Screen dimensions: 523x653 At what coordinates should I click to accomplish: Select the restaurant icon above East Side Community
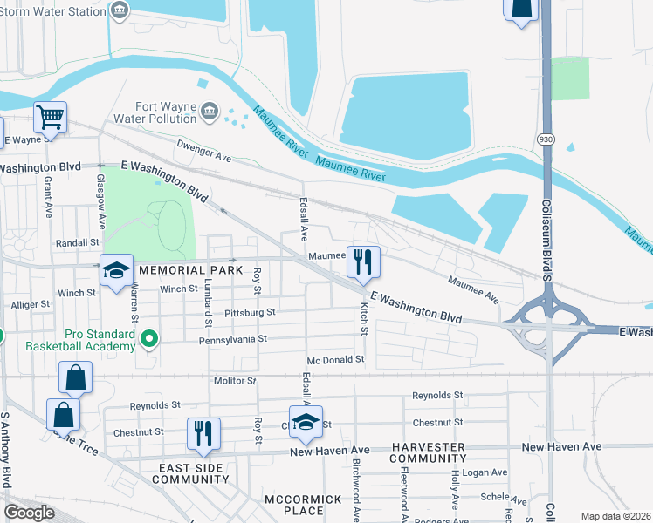click(x=203, y=433)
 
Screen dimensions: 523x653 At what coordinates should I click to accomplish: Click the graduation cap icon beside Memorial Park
click(x=115, y=270)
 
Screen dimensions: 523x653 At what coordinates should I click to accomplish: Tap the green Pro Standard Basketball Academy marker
click(x=149, y=338)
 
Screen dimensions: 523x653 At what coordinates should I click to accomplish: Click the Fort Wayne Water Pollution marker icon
click(x=210, y=111)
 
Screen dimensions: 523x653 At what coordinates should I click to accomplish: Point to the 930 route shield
click(x=546, y=139)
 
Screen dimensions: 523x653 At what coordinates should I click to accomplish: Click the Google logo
click(x=29, y=513)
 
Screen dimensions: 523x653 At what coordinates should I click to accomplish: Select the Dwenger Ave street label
click(x=203, y=152)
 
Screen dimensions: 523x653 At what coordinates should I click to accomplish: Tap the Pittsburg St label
click(x=250, y=311)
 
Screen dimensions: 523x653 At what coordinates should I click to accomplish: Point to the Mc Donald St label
click(x=335, y=359)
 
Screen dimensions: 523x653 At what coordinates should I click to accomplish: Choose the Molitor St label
click(x=235, y=381)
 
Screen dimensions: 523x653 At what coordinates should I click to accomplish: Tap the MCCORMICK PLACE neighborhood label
click(x=293, y=505)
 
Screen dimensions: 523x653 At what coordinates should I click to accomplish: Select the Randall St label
click(x=78, y=243)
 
